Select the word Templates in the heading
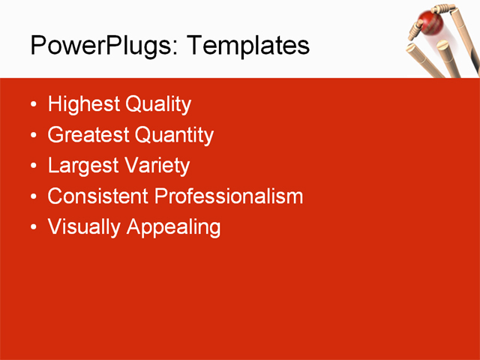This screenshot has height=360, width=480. point(247,46)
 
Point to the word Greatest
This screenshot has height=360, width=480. point(88,136)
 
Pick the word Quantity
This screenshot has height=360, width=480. point(174,136)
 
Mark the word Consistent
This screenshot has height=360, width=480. point(98,196)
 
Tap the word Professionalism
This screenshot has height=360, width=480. point(229,196)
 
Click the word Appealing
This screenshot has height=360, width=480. point(174,227)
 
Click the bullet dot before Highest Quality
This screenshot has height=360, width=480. point(33,105)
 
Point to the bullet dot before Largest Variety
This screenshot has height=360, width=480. point(33,166)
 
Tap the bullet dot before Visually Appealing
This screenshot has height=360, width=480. point(33,227)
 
